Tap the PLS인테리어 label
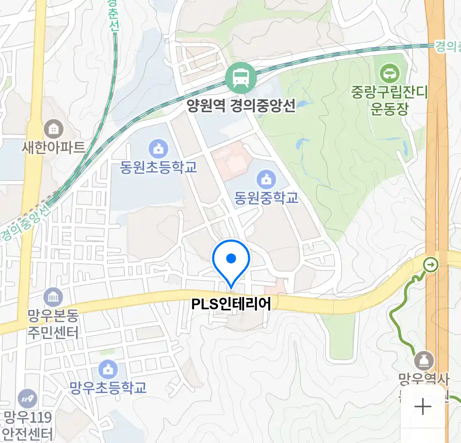[231, 304]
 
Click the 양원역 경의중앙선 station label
[241, 106]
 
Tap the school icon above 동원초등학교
[158, 148]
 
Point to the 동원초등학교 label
[158, 167]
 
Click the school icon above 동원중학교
[266, 179]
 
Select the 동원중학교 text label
[266, 198]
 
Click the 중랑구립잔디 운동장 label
[389, 100]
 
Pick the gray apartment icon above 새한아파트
[53, 129]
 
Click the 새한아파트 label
[54, 147]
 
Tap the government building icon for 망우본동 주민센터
[53, 297]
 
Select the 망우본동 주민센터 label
[53, 324]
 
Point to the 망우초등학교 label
[108, 388]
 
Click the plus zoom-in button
[422, 407]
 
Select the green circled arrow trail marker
[431, 265]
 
